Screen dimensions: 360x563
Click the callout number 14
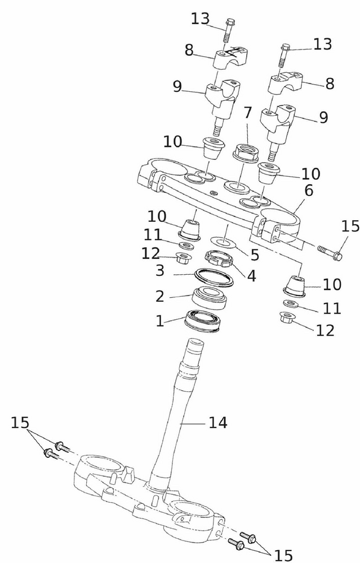pyautogui.click(x=217, y=423)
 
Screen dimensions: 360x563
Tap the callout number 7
pyautogui.click(x=247, y=113)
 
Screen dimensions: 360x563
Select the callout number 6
pyautogui.click(x=309, y=191)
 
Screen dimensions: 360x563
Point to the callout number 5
pyautogui.click(x=255, y=255)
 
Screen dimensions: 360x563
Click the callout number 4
pyautogui.click(x=251, y=276)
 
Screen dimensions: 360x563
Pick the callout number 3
pyautogui.click(x=160, y=270)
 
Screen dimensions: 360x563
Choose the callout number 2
pyautogui.click(x=159, y=296)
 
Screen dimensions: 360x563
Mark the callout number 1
pyautogui.click(x=159, y=321)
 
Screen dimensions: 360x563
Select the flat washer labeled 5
pyautogui.click(x=223, y=242)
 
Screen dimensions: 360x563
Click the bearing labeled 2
pyautogui.click(x=209, y=297)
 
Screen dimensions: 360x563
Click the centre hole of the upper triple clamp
pyautogui.click(x=237, y=187)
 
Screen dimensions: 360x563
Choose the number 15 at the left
pyautogui.click(x=20, y=422)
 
